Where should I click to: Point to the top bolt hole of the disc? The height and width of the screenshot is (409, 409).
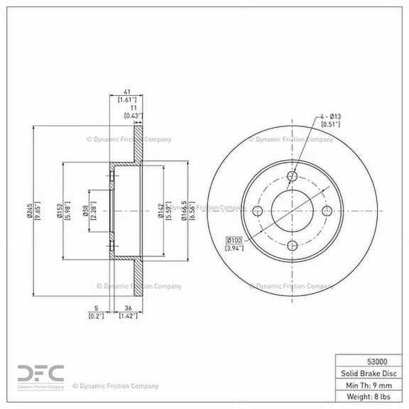click(293, 177)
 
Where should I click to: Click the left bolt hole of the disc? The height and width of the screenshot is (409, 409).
click(258, 211)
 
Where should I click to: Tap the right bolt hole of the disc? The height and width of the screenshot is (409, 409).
click(327, 211)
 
